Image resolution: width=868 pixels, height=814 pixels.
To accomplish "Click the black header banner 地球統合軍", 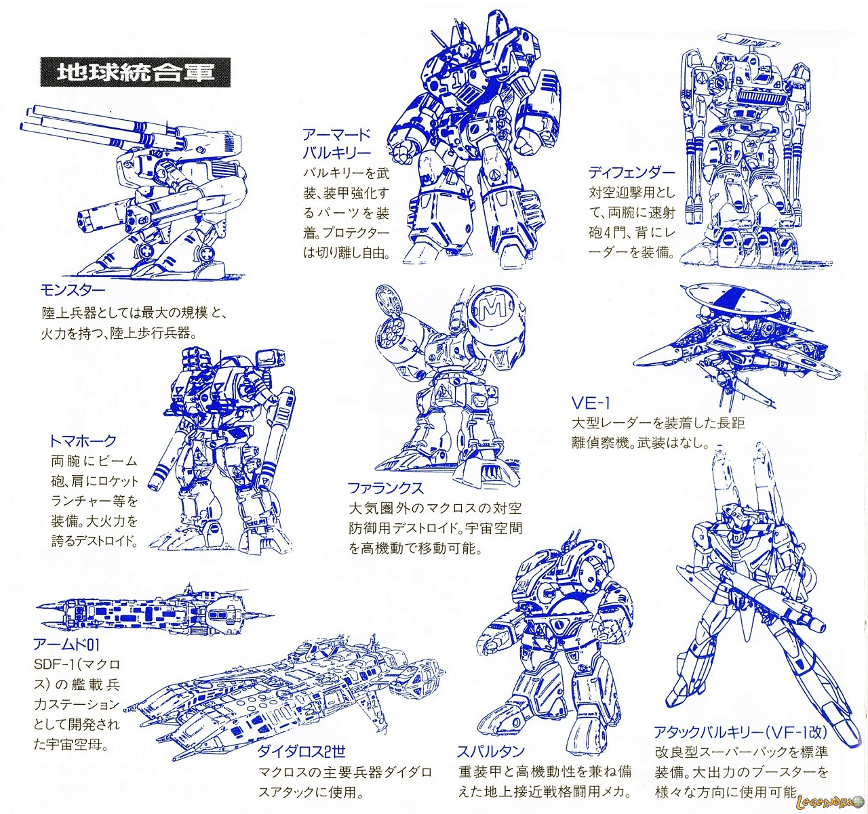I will point(135,71).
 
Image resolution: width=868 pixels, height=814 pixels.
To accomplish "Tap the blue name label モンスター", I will point(73,291).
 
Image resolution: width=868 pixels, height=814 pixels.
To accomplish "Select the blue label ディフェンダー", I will point(631,173).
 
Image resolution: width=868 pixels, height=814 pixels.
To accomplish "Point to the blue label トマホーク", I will point(83,441).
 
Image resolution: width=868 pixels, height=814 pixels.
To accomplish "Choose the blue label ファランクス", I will point(385,488).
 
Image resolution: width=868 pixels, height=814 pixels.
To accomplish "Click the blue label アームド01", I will point(66,645).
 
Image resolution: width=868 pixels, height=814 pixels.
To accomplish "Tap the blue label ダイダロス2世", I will point(301,752).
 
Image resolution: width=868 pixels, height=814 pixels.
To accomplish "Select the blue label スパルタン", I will point(491,752).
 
